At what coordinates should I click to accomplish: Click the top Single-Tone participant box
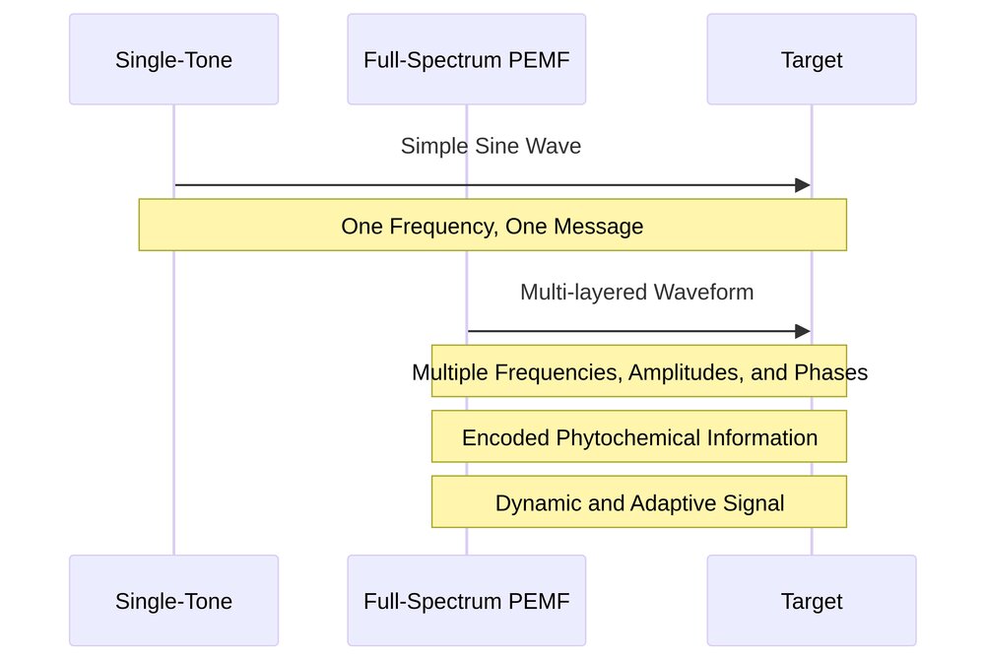[x=173, y=59]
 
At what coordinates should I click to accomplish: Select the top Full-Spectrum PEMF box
[x=466, y=59]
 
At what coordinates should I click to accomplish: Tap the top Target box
[x=811, y=59]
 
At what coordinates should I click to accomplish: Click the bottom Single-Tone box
[x=173, y=600]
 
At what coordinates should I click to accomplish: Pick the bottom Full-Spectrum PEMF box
[x=466, y=600]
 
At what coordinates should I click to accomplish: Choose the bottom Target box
[x=811, y=600]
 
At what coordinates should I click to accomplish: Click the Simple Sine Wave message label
[x=491, y=146]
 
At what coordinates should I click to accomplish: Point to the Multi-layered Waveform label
[x=636, y=292]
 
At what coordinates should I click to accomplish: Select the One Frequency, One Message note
[x=492, y=226]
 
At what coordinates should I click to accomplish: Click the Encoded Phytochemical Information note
[x=638, y=437]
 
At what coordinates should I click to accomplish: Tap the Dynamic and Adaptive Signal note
[x=638, y=502]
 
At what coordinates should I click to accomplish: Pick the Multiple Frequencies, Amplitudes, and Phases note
[x=638, y=372]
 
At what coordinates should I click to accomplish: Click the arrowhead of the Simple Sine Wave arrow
[x=803, y=185]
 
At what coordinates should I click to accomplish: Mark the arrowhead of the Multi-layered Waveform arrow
[x=803, y=332]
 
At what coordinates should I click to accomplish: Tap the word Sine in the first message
[x=478, y=146]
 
